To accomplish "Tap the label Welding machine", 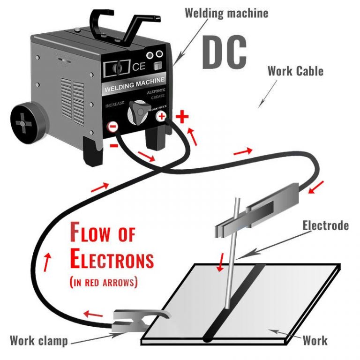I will point(226,13).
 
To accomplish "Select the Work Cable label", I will point(295,71).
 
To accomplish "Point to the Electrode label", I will point(325,225).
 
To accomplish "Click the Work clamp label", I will point(38,341).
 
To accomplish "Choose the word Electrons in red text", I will point(112,259).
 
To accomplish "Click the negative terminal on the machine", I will point(112,127).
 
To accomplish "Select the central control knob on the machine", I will point(137,112).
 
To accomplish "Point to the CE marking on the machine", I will point(139,67).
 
